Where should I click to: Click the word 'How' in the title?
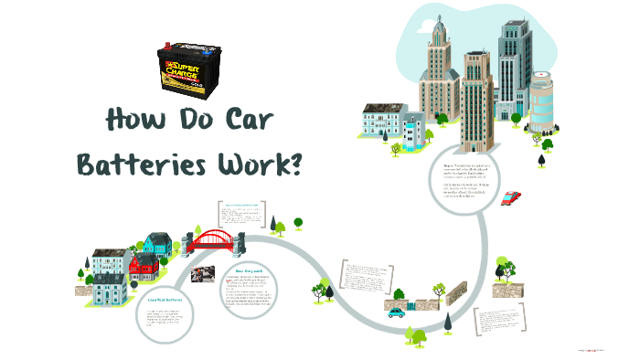pos(138,121)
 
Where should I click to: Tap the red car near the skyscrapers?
pos(512,197)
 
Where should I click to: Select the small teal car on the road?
pos(396,312)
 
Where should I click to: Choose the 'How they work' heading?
pos(249,272)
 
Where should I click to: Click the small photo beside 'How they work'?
pos(202,274)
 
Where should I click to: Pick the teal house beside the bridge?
pos(157,243)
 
